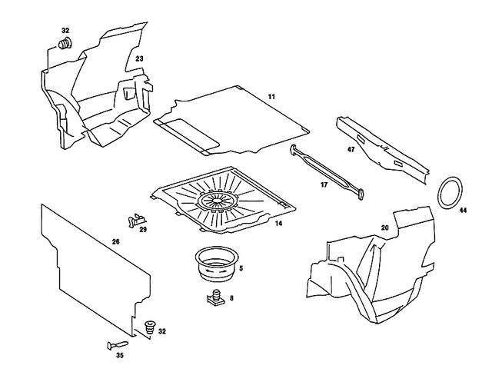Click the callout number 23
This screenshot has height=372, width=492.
coord(139,58)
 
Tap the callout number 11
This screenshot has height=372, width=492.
coord(271,96)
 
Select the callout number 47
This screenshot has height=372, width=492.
coord(350,151)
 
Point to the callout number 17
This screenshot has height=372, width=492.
coord(324,185)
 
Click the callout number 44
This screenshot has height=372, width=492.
coord(463,209)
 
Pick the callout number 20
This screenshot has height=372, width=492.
coord(385,228)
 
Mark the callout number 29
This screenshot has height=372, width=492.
coord(142,230)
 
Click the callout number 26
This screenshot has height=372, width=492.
coord(115,242)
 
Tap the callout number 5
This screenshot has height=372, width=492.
coord(241,268)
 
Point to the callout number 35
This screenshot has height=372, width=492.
coord(119,356)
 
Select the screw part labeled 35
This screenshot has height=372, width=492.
coord(118,344)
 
